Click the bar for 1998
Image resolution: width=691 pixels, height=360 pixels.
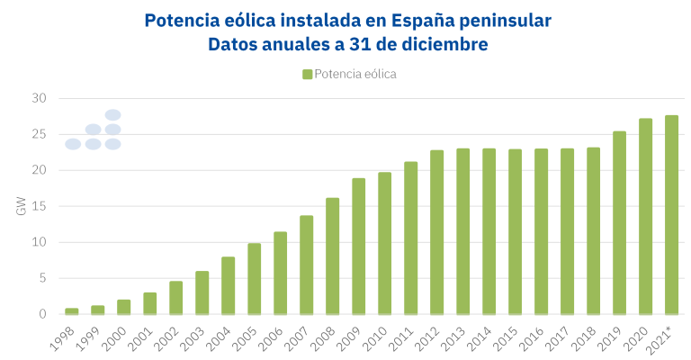tap(72, 311)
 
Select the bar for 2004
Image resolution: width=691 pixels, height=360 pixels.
tap(229, 285)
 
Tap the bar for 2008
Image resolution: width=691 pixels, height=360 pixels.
tap(333, 256)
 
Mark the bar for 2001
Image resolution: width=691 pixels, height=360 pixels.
tap(150, 303)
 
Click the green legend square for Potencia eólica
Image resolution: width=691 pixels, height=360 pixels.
tap(308, 74)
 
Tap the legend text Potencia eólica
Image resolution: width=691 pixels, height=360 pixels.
tap(355, 74)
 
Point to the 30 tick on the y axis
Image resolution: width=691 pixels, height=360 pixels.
tap(38, 98)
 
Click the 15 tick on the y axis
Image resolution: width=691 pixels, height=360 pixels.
tap(38, 206)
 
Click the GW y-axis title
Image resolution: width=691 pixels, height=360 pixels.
tap(21, 206)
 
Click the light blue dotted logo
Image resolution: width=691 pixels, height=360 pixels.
tap(94, 130)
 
